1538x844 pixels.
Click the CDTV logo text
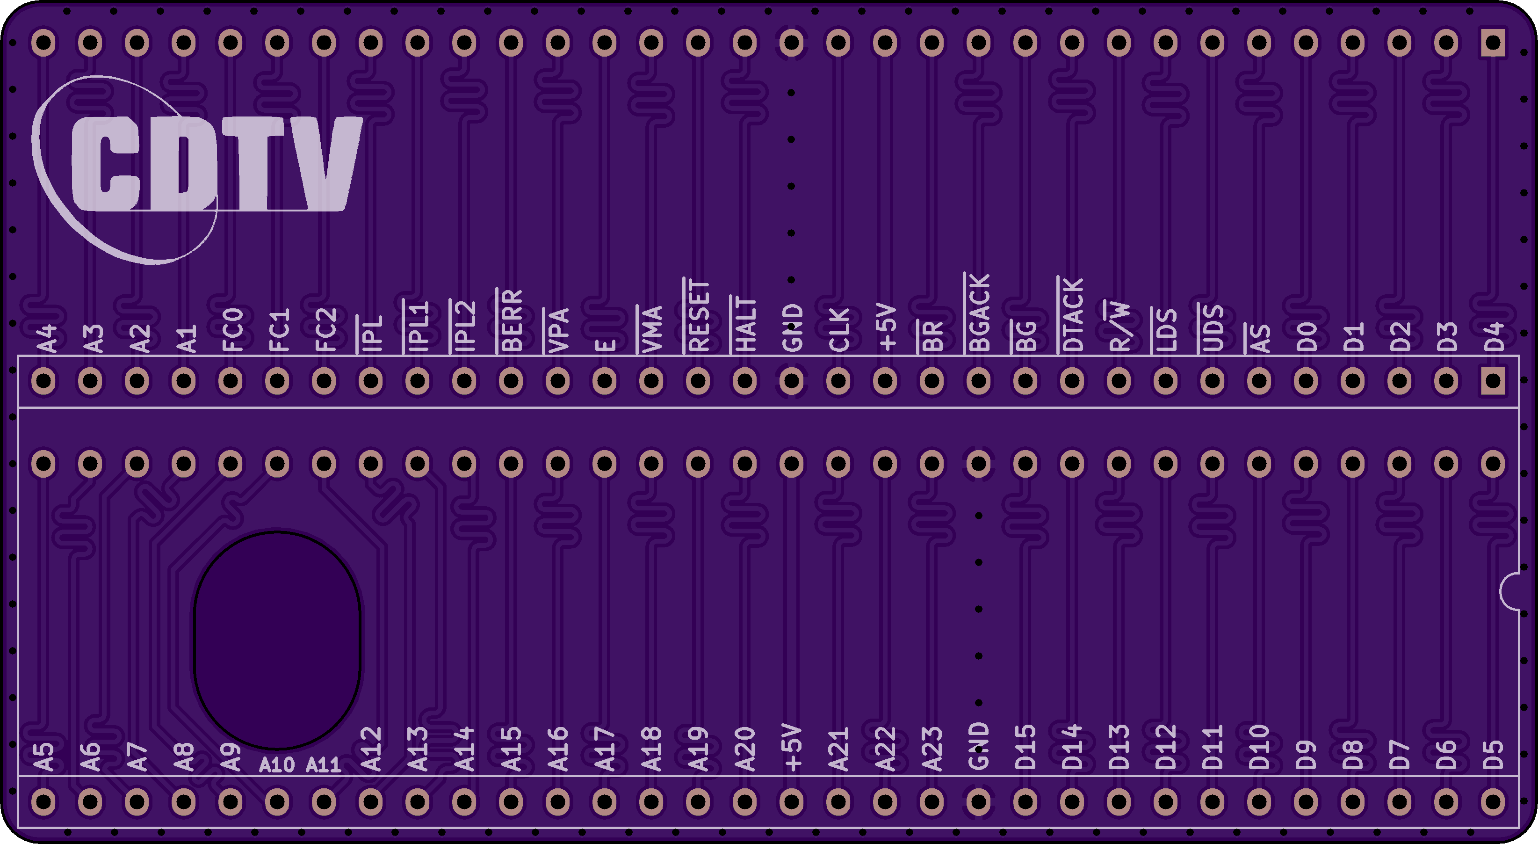(x=216, y=163)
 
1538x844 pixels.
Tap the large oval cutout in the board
(x=277, y=640)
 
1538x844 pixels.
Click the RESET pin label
(x=698, y=315)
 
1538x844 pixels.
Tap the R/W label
(x=1119, y=326)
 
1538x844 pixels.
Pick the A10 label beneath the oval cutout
(x=276, y=764)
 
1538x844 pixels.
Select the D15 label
(x=1025, y=747)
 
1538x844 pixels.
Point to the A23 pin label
(x=931, y=749)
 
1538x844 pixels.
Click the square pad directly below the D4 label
(x=1493, y=380)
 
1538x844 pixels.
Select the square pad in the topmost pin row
(x=1493, y=43)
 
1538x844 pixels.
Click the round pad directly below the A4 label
(x=43, y=380)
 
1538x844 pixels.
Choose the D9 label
(x=1305, y=755)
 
